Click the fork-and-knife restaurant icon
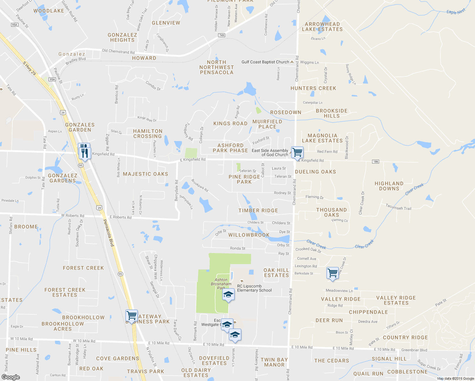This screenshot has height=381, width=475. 84,151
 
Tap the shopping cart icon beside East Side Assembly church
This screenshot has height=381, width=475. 297,152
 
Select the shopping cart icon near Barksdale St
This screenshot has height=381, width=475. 332,273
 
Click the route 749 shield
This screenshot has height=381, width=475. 222,35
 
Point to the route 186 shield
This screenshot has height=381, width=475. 376,162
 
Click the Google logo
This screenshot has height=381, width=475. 10,377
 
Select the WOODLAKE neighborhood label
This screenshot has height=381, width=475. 49,11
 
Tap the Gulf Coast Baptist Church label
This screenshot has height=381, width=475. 265,62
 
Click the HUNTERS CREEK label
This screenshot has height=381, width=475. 313,88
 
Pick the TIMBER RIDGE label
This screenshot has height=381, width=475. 258,211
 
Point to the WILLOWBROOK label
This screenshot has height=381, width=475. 249,235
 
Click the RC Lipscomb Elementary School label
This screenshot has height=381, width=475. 254,288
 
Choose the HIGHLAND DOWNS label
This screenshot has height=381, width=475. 389,186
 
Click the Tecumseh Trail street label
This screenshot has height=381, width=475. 398,207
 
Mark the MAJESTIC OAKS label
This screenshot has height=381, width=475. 145,174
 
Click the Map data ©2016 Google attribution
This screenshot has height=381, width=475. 455,378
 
